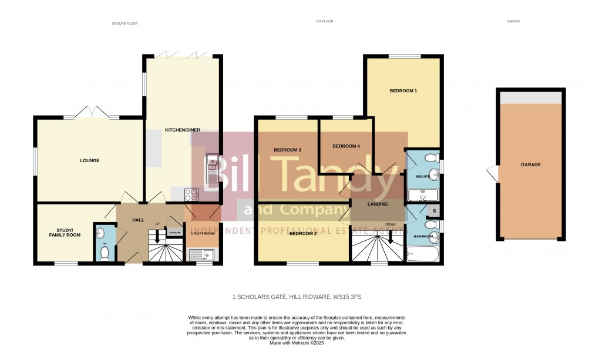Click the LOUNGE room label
[90, 160]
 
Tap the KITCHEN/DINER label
[182, 129]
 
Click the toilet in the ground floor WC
[105, 253]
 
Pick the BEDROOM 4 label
[346, 146]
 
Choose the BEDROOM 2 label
[303, 233]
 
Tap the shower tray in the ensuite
[423, 195]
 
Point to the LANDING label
[378, 204]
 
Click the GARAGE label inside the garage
[530, 164]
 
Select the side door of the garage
[492, 173]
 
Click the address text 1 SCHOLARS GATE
[299, 297]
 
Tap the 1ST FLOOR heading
[324, 22]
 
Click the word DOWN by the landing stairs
[391, 224]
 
